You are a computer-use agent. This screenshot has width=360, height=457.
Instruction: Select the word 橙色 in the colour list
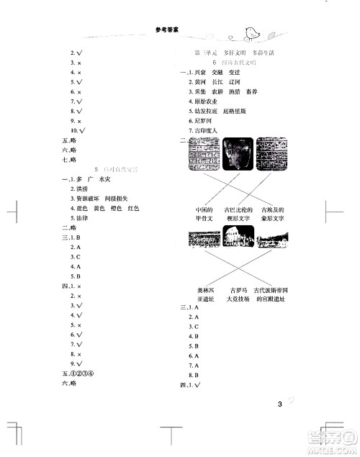[116, 207]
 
